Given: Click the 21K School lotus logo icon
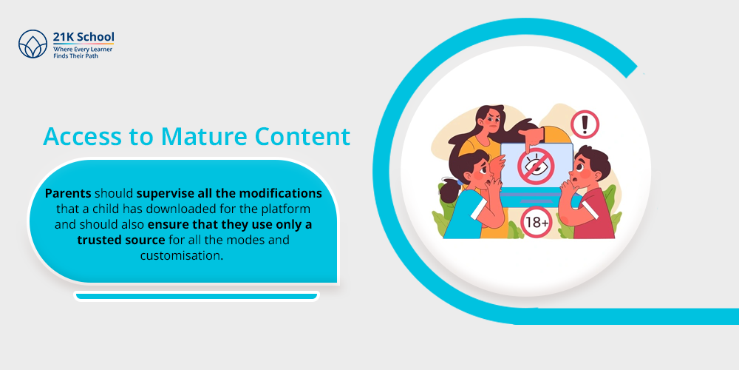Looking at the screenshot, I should pyautogui.click(x=33, y=44).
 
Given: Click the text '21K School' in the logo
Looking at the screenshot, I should pyautogui.click(x=84, y=37).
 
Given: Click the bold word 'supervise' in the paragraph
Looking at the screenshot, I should pyautogui.click(x=165, y=193).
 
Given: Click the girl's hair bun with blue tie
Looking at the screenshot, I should pyautogui.click(x=449, y=191).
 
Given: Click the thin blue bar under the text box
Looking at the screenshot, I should pyautogui.click(x=196, y=297).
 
